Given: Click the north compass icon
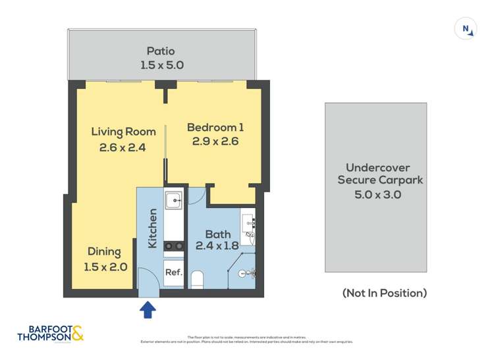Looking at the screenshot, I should pyautogui.click(x=465, y=29).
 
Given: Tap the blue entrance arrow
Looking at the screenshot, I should pyautogui.click(x=148, y=309).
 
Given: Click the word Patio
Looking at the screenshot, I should pyautogui.click(x=161, y=51).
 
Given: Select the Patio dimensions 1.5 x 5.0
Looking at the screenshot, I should pyautogui.click(x=161, y=65).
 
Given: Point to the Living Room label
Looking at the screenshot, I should pyautogui.click(x=123, y=132).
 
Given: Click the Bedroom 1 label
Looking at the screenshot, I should pyautogui.click(x=215, y=127).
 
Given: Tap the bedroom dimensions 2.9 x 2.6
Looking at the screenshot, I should pyautogui.click(x=215, y=141).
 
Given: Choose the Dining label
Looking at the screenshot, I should pyautogui.click(x=104, y=251).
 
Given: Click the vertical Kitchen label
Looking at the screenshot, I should pyautogui.click(x=153, y=228).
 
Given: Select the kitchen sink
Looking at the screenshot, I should pyautogui.click(x=173, y=199).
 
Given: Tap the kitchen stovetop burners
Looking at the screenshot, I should pyautogui.click(x=173, y=246).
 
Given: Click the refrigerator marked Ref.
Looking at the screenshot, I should pyautogui.click(x=173, y=272).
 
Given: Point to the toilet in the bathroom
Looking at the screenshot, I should pyautogui.click(x=197, y=279).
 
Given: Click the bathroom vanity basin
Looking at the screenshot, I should pyautogui.click(x=249, y=224).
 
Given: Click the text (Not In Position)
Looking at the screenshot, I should pyautogui.click(x=384, y=293).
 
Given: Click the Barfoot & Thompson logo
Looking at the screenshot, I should pyautogui.click(x=51, y=333).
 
